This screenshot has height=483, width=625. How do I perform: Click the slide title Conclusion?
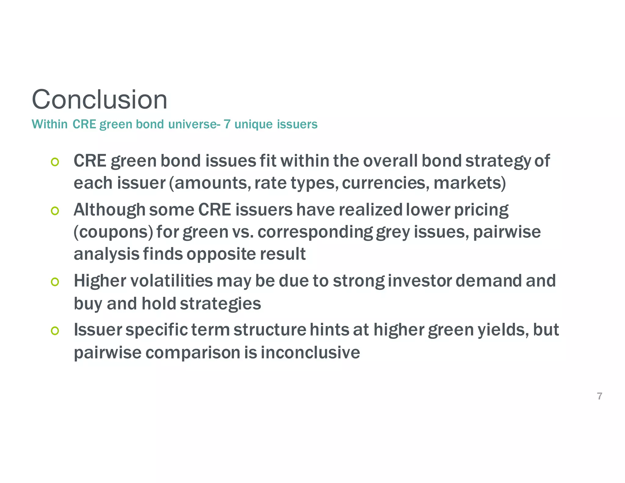pyautogui.click(x=99, y=100)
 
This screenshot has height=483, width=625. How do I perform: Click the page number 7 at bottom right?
pyautogui.click(x=599, y=396)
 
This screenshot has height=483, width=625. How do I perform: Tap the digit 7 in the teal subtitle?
pyautogui.click(x=227, y=124)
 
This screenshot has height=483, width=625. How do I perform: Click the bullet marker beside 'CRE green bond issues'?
pyautogui.click(x=55, y=162)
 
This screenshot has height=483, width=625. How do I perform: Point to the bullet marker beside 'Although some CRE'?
pyautogui.click(x=55, y=211)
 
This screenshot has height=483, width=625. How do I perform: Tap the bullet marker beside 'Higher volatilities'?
pyautogui.click(x=55, y=281)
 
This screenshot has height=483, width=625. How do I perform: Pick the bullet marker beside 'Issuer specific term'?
pyautogui.click(x=55, y=331)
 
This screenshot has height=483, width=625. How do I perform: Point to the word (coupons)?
pyautogui.click(x=113, y=232)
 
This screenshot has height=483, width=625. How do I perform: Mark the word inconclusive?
pyautogui.click(x=310, y=353)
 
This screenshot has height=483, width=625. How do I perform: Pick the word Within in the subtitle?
pyautogui.click(x=50, y=124)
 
